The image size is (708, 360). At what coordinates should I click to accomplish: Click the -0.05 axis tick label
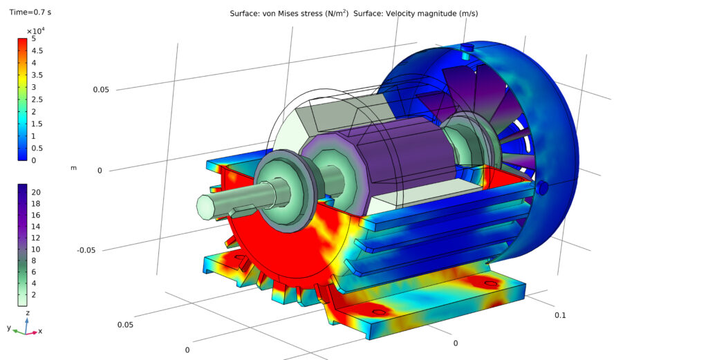[x=86, y=250]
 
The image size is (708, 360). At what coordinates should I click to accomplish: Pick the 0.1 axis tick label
[x=561, y=315]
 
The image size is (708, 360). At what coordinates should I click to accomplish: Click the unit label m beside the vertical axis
[x=73, y=168]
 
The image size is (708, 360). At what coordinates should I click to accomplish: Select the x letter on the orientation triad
[x=40, y=332]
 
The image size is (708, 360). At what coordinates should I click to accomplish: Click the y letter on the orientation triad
[x=9, y=328]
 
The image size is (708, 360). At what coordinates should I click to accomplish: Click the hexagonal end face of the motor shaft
[x=205, y=206]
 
